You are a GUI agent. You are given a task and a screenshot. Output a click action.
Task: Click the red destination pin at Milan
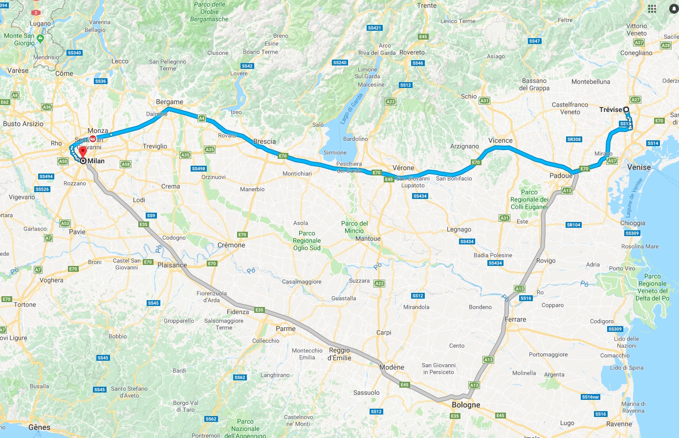click(x=83, y=152)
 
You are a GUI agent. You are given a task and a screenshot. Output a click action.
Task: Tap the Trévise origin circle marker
click(x=626, y=109)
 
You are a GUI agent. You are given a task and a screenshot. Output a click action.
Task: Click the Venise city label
click(x=639, y=167)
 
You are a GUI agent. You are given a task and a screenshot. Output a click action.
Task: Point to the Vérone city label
click(x=403, y=168)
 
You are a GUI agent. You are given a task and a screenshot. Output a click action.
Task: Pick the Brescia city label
click(x=264, y=141)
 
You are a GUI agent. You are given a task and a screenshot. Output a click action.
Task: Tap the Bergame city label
click(x=170, y=102)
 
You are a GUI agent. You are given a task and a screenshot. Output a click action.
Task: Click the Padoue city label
click(x=560, y=175)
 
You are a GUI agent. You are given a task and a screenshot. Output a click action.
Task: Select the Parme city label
click(x=285, y=328)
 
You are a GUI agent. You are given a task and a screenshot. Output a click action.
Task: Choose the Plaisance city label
click(x=172, y=265)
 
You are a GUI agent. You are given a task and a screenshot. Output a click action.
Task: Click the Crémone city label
click(x=231, y=245)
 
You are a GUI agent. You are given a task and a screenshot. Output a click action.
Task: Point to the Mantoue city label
click(x=368, y=239)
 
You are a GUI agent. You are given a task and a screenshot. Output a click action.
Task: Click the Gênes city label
click(x=39, y=427)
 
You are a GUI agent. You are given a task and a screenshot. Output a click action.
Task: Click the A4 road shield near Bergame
click(x=202, y=118)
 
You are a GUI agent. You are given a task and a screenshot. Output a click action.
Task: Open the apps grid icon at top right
click(x=652, y=9)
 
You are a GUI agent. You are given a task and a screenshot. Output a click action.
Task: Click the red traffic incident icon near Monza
click(x=93, y=139)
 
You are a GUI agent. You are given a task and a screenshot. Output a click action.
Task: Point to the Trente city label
click(x=427, y=5)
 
